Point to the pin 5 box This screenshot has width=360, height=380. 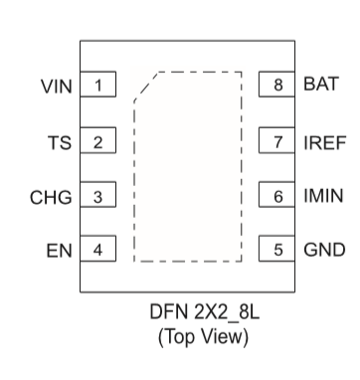(277, 249)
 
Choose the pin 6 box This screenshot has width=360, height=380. (277, 196)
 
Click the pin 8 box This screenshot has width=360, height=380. (277, 85)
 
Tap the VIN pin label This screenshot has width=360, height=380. (56, 86)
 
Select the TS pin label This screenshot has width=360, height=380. (61, 141)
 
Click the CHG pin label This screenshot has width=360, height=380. (53, 197)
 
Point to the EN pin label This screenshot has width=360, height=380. (61, 250)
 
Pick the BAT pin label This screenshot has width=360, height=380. (319, 85)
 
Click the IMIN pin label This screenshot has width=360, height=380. (323, 196)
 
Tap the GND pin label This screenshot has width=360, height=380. (323, 250)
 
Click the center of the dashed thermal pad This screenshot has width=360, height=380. (188, 166)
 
